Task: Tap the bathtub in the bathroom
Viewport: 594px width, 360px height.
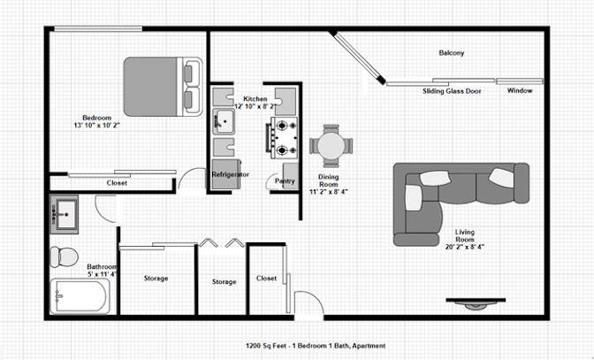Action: click(x=80, y=296)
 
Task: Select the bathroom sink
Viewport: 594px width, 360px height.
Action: click(x=64, y=214)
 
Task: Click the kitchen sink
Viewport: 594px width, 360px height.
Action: click(x=224, y=122)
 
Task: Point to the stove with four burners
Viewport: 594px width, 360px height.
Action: click(x=283, y=138)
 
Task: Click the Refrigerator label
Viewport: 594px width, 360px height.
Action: click(x=231, y=175)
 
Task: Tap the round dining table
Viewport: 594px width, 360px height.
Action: click(x=331, y=146)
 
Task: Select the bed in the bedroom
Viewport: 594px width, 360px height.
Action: click(x=164, y=87)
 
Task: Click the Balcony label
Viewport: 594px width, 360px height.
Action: click(x=451, y=53)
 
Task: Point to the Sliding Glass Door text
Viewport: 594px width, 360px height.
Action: click(x=452, y=91)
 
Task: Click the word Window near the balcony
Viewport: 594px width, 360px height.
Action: click(x=520, y=90)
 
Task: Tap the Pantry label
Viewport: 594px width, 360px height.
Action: click(x=285, y=181)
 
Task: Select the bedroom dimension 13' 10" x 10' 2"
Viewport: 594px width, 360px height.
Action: click(x=97, y=125)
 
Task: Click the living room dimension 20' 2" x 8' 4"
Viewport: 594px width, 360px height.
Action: click(x=465, y=247)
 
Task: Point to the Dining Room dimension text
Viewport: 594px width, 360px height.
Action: click(x=329, y=192)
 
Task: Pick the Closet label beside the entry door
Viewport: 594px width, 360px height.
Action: click(x=266, y=278)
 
